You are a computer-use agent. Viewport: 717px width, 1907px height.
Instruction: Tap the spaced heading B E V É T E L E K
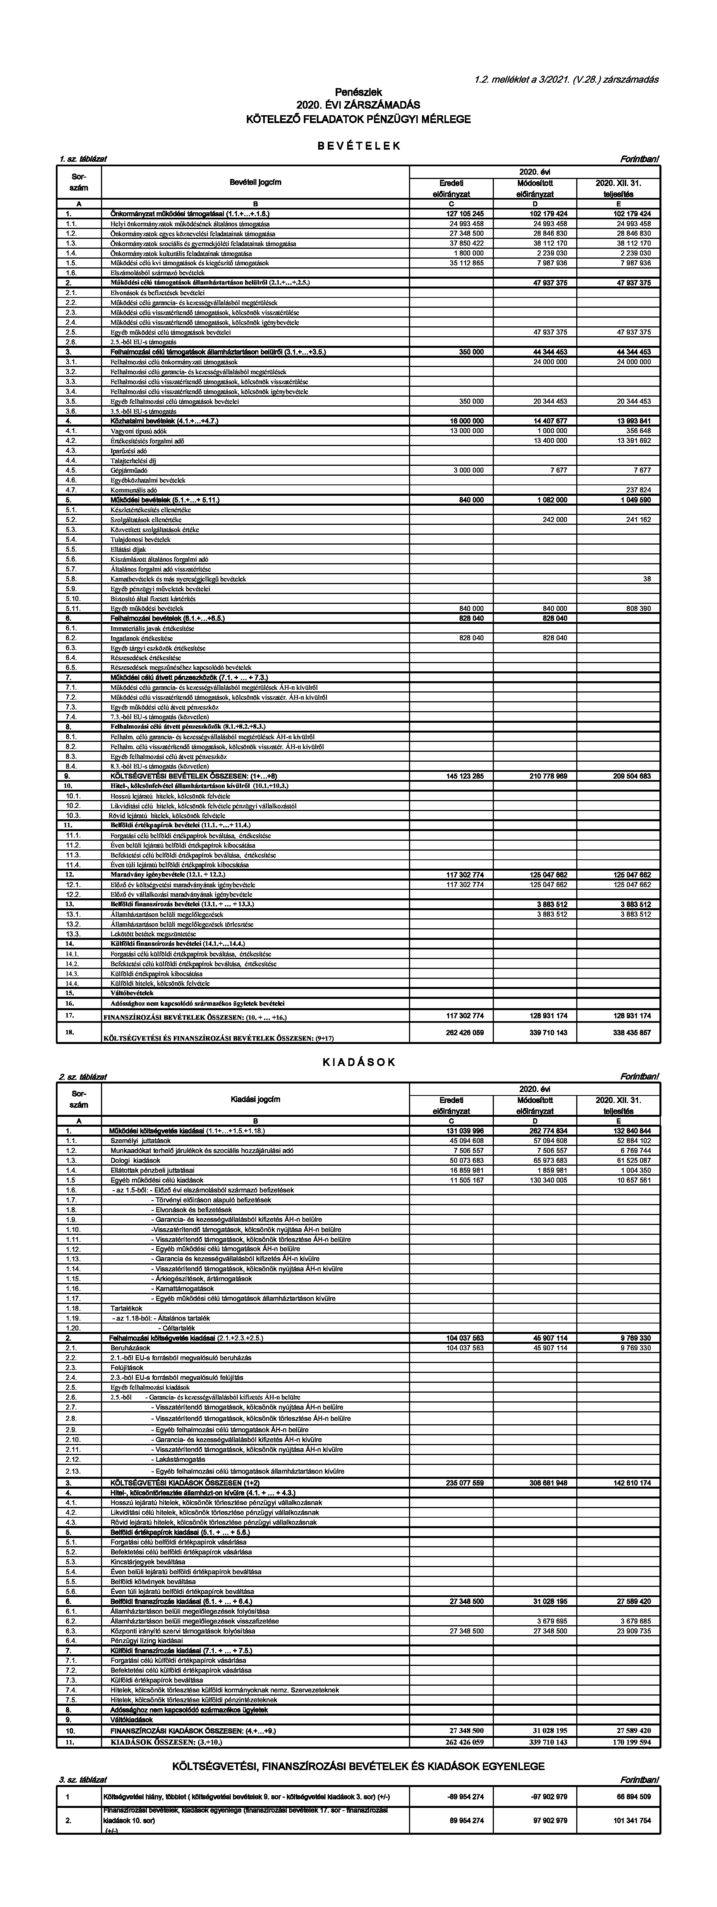pyautogui.click(x=358, y=146)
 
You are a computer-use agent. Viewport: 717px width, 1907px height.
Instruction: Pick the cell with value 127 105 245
pyautogui.click(x=465, y=213)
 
